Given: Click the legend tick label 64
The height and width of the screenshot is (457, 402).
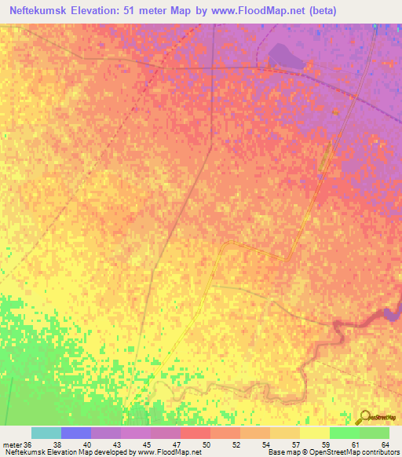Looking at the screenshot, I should click(x=385, y=444).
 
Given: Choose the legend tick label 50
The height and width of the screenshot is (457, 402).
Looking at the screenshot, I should click(x=206, y=444).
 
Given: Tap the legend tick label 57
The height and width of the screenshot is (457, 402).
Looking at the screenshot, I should click(x=295, y=444).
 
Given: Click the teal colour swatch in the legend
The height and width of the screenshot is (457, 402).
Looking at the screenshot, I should click(x=46, y=433).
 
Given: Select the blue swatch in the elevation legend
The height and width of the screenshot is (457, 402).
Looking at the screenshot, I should click(x=76, y=433).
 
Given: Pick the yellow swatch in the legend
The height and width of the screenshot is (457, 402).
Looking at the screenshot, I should click(x=314, y=433).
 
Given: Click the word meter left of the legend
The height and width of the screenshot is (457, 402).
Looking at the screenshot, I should click(x=11, y=444).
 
